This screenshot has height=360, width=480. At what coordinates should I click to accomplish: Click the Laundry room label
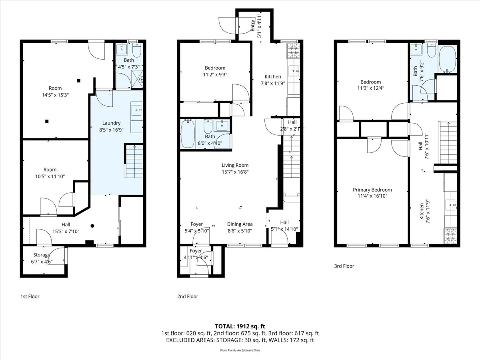pos(111,123)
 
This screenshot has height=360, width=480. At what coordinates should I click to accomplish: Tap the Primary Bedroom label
pos(372,190)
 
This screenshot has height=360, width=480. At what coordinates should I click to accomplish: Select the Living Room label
pos(235,165)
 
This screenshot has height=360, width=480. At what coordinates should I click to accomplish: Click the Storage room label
pos(42,255)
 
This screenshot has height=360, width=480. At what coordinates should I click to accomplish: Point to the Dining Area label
pos(240,224)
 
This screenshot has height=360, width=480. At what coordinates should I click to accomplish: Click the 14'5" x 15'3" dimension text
pos(55,95)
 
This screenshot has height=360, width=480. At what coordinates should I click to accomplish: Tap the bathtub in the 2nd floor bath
pos(187,134)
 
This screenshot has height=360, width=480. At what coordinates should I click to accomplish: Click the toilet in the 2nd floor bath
pos(208,128)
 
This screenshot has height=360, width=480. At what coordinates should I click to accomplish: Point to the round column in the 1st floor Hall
pos(92,226)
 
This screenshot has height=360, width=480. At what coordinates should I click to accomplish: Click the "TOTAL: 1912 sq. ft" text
pos(240,326)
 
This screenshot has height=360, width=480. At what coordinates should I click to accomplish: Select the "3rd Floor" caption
pos(344,266)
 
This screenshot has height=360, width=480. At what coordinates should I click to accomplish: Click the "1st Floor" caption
pos(30,296)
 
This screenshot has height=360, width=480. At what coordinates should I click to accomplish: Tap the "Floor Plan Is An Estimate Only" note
pos(240,350)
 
